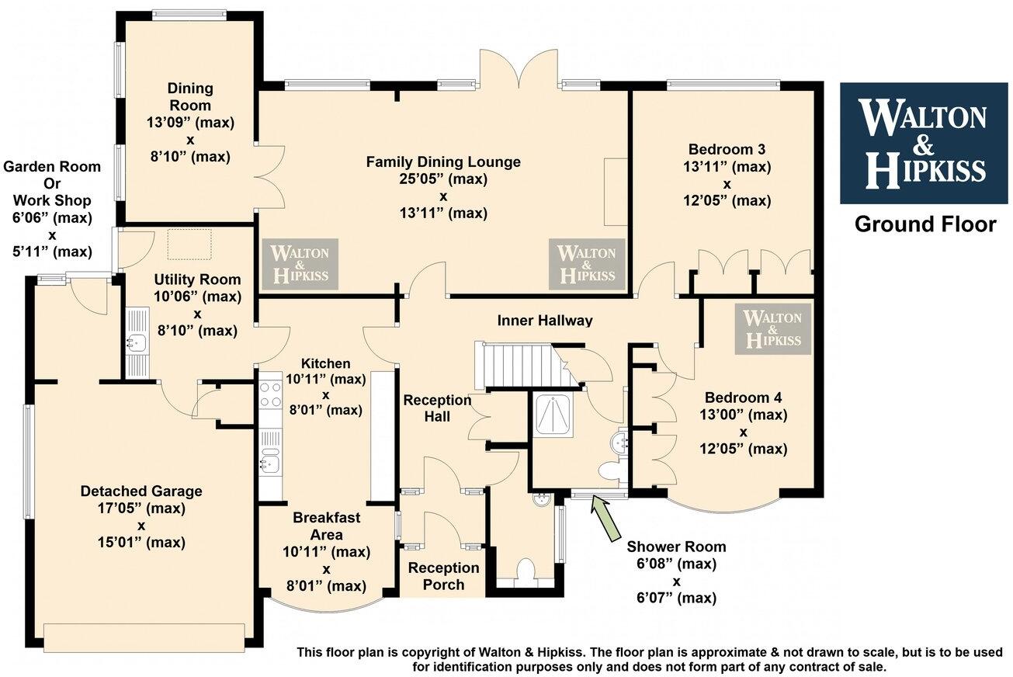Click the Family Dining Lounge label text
point(443,162)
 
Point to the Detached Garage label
point(141,491)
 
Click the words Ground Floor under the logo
point(925,224)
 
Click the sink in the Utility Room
point(137,342)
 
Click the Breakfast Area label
point(326,526)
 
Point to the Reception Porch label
point(443,576)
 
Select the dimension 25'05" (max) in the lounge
point(443,179)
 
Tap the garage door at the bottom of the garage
point(147,637)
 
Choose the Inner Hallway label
point(545,320)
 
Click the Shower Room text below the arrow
point(676,547)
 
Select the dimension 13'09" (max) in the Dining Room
point(190,123)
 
